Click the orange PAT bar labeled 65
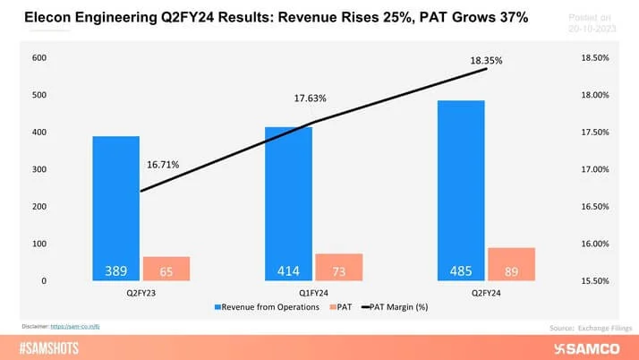[166, 269]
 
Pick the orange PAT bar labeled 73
[338, 267]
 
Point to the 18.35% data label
[487, 61]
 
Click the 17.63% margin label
[311, 99]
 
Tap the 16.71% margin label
[163, 165]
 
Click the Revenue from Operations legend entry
[267, 307]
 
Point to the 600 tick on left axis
[40, 58]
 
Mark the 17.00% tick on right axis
[595, 169]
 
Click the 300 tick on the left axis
[40, 169]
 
